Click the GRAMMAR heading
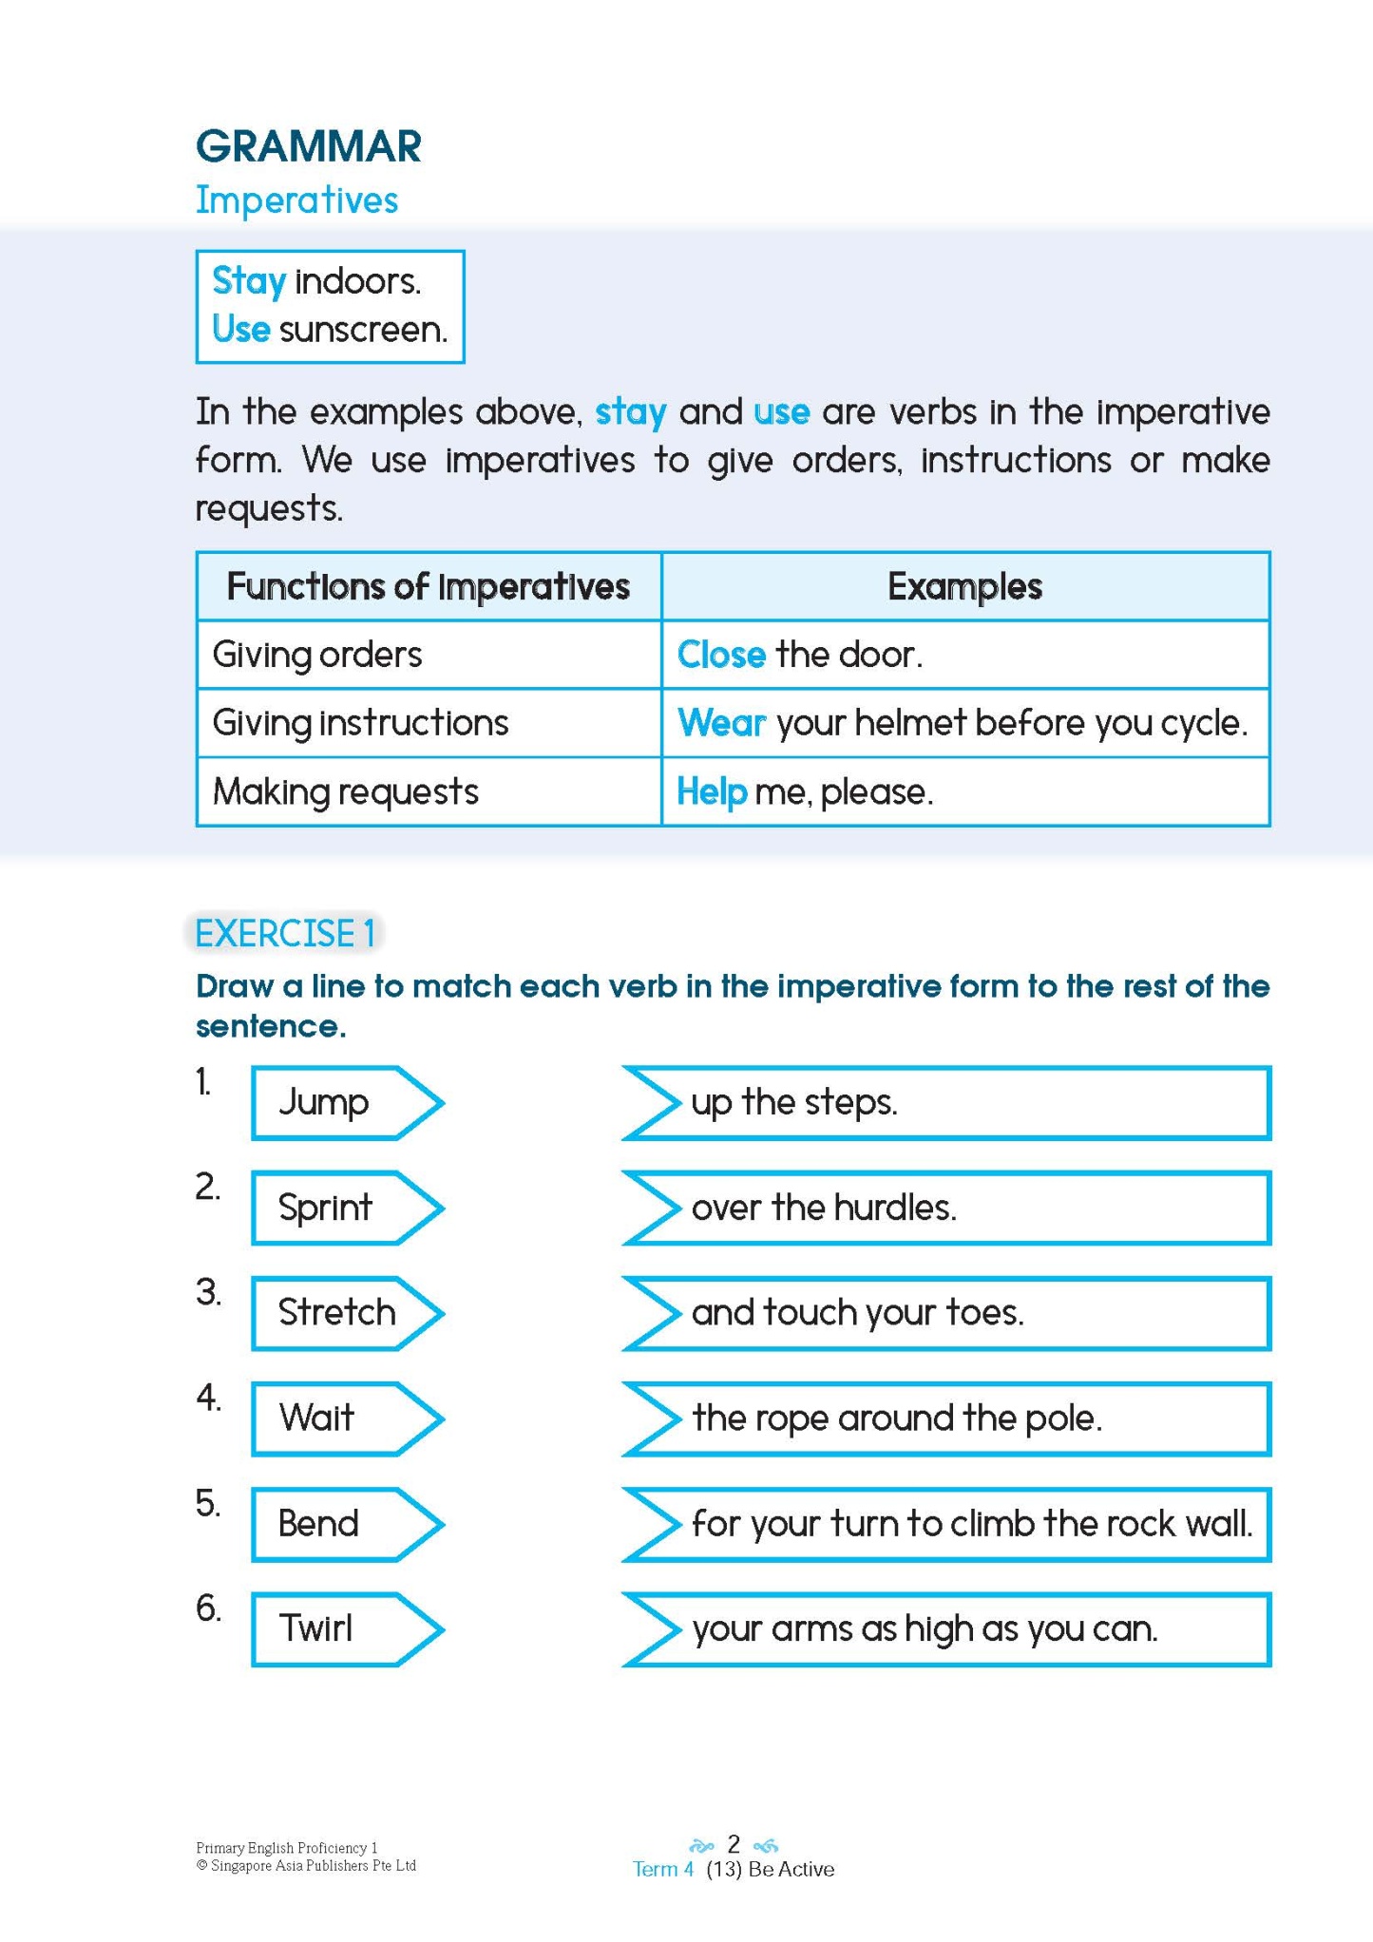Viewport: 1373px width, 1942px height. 308,146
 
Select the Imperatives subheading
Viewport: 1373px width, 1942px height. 296,200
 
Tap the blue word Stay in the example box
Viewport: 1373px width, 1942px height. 249,281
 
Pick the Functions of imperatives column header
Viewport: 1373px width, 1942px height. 428,587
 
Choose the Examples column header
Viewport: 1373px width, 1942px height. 964,587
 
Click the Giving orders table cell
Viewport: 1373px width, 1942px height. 317,655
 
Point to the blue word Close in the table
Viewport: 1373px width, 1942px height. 721,655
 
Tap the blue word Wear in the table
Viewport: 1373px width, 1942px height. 721,723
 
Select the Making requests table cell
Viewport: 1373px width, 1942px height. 346,791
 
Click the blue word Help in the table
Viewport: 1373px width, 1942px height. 712,791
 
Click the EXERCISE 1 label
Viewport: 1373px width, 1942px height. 284,933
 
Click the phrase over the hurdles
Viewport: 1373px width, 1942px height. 824,1208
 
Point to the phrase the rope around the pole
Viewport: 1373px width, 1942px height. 897,1418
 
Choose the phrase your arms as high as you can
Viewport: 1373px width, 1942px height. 925,1628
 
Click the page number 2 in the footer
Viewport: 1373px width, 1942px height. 734,1844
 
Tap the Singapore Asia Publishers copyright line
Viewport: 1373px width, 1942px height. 306,1866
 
